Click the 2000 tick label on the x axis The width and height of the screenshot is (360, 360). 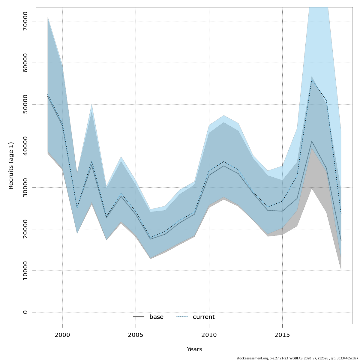click(62, 335)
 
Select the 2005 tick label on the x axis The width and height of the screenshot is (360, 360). click(136, 335)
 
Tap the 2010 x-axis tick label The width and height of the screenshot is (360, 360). click(209, 335)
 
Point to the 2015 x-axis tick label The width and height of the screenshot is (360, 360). click(282, 335)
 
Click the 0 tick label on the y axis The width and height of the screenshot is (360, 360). click(25, 312)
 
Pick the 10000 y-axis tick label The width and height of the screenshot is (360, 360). click(25, 271)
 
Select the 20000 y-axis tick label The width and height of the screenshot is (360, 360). click(25, 229)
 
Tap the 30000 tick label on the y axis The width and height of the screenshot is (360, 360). click(25, 187)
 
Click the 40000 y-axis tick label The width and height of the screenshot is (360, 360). click(25, 146)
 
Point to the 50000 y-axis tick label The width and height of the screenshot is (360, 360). click(25, 104)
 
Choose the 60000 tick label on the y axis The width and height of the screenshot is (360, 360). click(25, 63)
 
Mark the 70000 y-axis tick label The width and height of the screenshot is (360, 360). click(25, 21)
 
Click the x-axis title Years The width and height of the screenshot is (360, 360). click(194, 349)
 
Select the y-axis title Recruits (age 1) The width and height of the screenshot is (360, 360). click(11, 166)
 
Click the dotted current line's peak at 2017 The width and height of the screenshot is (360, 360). click(312, 80)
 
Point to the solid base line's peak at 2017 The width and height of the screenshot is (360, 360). click(312, 141)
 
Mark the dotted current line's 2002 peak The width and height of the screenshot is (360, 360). click(92, 161)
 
